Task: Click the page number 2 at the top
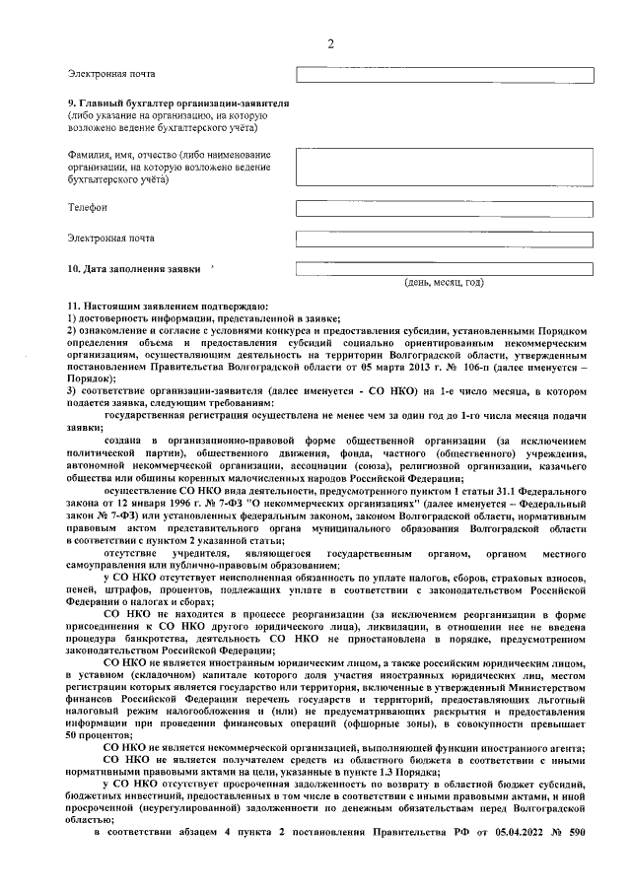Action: (x=330, y=43)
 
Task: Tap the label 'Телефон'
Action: (x=88, y=207)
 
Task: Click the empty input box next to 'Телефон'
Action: (x=445, y=207)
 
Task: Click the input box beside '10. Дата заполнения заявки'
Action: (x=445, y=267)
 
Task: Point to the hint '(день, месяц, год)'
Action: (x=445, y=283)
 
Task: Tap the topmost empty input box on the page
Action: (x=445, y=75)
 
